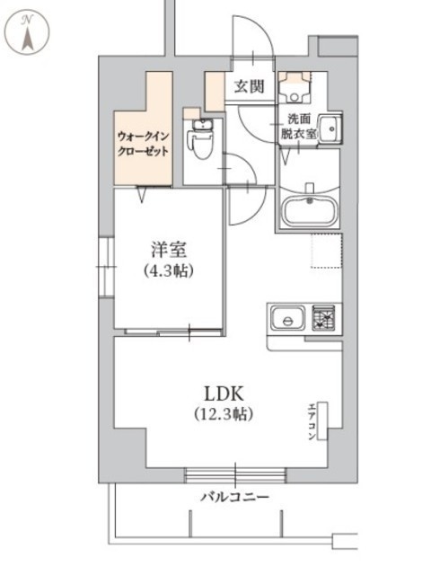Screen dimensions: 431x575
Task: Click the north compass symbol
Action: tap(29, 32)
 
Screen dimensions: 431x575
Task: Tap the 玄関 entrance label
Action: tap(250, 87)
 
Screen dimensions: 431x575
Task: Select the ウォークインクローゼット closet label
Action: tap(143, 144)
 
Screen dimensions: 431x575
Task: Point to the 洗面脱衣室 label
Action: tap(298, 127)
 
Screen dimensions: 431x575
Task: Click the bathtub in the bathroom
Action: tap(310, 212)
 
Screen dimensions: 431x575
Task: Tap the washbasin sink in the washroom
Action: tap(330, 128)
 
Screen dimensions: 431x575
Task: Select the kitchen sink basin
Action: tap(288, 318)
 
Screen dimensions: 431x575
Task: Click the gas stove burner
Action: tap(323, 318)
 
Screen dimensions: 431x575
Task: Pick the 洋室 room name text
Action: tap(169, 251)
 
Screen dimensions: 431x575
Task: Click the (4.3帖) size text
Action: tap(169, 271)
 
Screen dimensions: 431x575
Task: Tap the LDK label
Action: tap(224, 394)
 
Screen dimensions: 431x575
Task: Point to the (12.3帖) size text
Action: tap(224, 413)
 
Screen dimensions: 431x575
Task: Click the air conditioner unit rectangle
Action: tap(322, 420)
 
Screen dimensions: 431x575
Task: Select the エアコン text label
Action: tap(312, 421)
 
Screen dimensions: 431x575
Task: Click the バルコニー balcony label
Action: tap(235, 497)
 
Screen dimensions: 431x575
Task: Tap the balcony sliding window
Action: tap(235, 475)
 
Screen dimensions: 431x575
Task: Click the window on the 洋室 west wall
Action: tap(107, 267)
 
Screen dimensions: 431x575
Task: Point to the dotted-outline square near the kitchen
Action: tap(327, 251)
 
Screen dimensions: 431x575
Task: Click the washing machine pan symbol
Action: tap(295, 87)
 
